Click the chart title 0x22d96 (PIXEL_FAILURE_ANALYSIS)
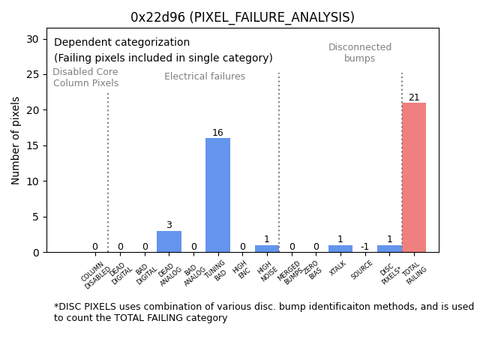tap(242, 17)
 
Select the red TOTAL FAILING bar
tap(413, 178)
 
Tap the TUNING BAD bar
tap(217, 195)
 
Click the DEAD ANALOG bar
tap(169, 241)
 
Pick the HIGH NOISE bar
tap(266, 249)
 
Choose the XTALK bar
tap(340, 249)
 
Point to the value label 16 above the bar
tap(217, 133)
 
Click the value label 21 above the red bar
tap(414, 97)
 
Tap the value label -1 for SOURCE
tap(364, 247)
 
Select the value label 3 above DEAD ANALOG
tap(169, 225)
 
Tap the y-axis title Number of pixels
tap(16, 140)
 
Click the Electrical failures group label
tap(205, 76)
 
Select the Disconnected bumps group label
tap(360, 52)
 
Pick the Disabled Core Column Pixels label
tap(85, 77)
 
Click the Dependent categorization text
tap(121, 43)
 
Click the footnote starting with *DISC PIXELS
tap(263, 312)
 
